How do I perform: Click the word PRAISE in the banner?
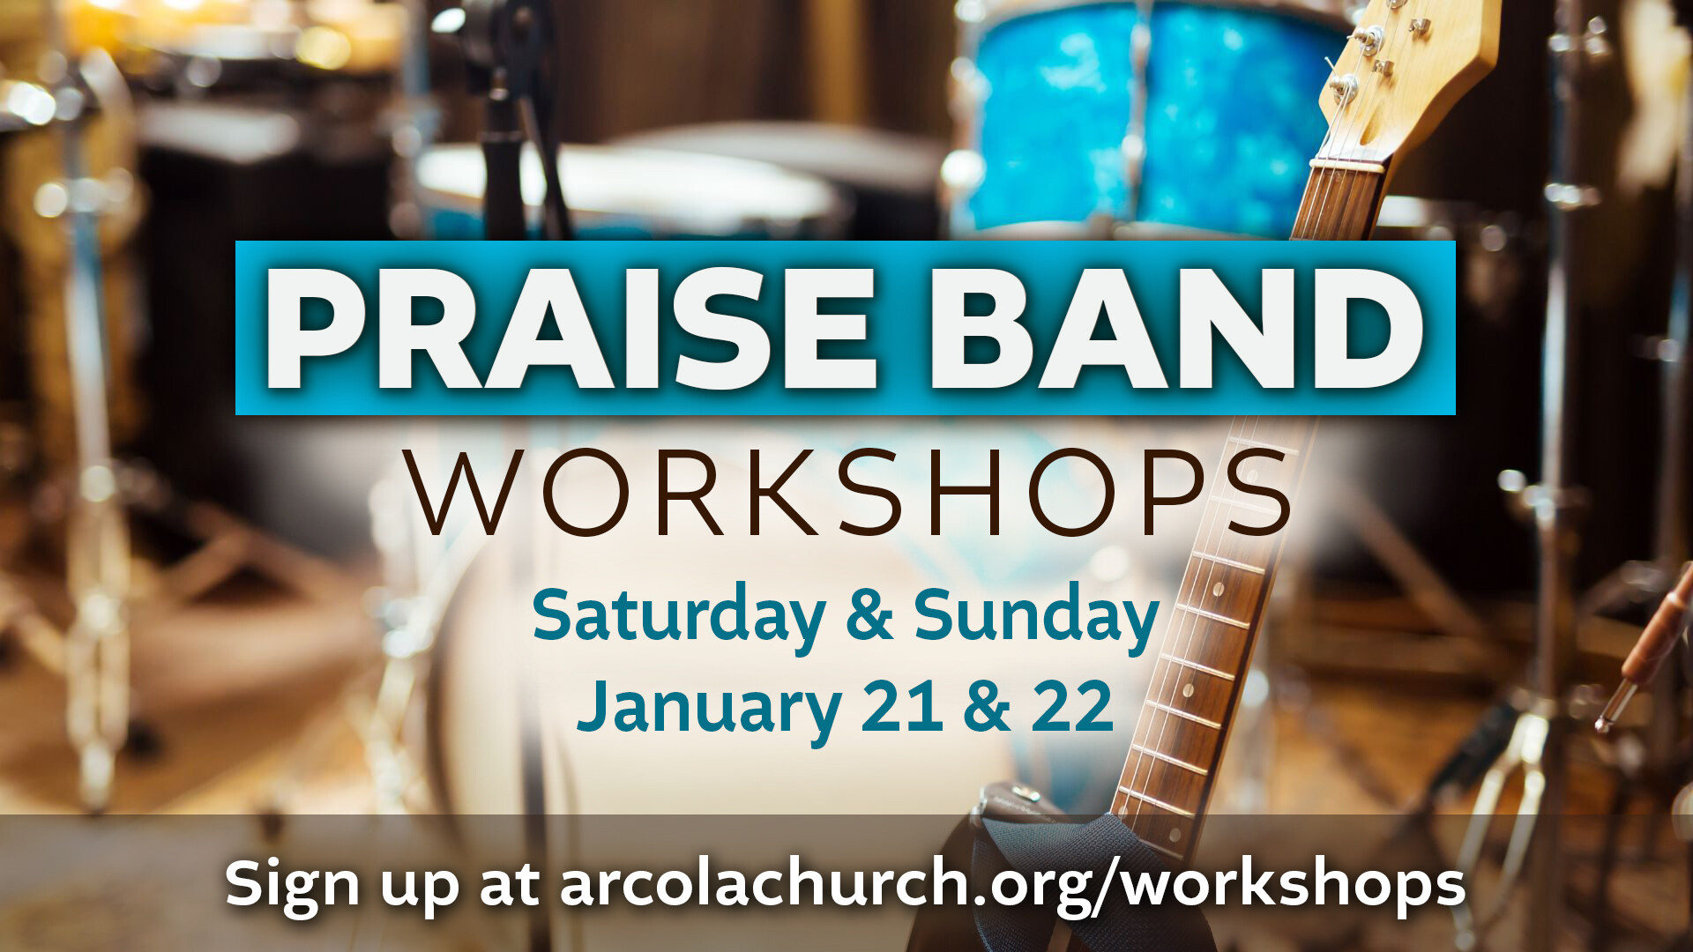click(571, 328)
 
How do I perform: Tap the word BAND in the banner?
click(1176, 328)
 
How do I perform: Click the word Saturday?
click(679, 617)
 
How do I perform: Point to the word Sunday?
click(1035, 617)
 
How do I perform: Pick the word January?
click(710, 708)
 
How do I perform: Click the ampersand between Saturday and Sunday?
click(869, 614)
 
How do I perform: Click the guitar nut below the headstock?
click(1347, 164)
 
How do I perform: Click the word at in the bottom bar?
click(510, 883)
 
